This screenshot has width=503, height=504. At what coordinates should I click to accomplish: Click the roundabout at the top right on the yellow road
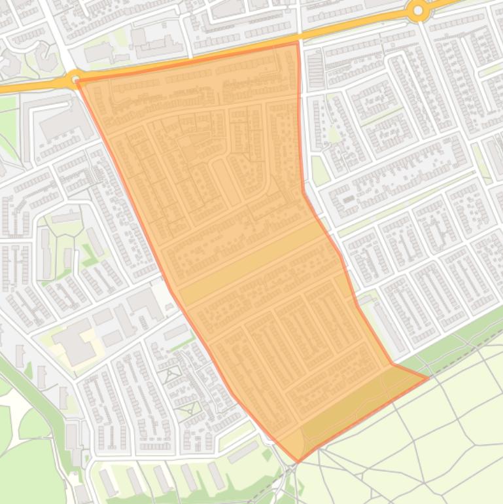pyautogui.click(x=417, y=10)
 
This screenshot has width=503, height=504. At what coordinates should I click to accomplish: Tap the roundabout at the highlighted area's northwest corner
pyautogui.click(x=75, y=79)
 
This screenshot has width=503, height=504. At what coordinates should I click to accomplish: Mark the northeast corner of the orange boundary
pyautogui.click(x=298, y=43)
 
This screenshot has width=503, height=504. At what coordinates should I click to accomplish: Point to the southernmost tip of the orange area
pyautogui.click(x=297, y=461)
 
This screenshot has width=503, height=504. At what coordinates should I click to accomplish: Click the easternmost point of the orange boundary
pyautogui.click(x=428, y=378)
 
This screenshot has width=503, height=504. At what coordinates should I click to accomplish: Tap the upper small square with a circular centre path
pyautogui.click(x=172, y=375)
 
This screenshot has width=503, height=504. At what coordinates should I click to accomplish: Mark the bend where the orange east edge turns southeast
pyautogui.click(x=304, y=191)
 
